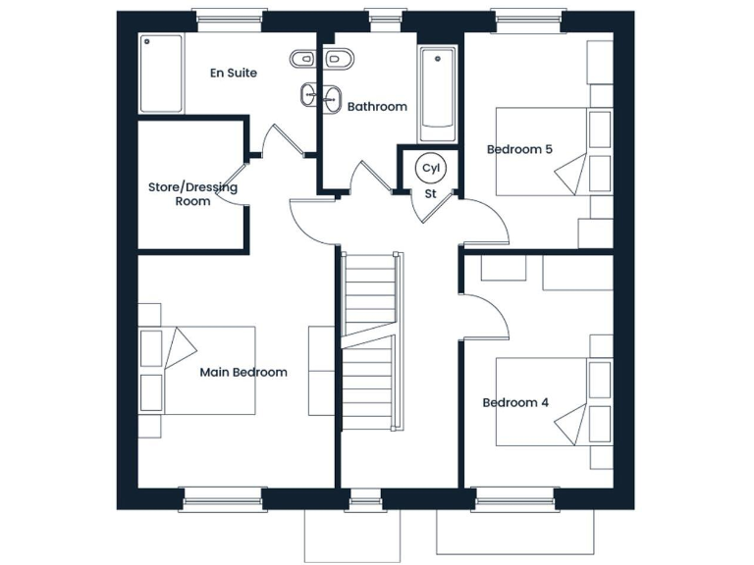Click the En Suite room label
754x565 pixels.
coord(234,73)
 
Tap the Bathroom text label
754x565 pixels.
coord(377,107)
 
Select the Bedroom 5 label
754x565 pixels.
coord(519,150)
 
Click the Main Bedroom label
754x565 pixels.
coord(243,373)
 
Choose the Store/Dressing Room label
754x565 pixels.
coord(192,194)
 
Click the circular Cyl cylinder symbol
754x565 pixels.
coord(430,168)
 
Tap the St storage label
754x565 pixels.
coord(430,193)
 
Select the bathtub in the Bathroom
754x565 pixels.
coord(437,93)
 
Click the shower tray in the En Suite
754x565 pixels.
coord(161,74)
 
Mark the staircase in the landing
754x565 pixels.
coord(371,338)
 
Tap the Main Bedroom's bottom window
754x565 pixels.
coord(222,498)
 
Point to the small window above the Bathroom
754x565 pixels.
coord(379,17)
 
